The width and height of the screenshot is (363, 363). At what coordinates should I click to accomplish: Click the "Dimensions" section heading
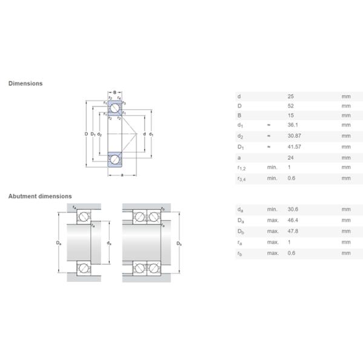(25, 83)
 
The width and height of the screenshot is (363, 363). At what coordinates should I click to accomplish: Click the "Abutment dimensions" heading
(40, 196)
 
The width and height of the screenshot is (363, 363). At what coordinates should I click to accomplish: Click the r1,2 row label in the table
(241, 168)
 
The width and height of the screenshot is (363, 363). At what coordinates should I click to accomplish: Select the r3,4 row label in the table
(241, 178)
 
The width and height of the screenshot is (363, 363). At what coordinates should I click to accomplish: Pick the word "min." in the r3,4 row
(272, 178)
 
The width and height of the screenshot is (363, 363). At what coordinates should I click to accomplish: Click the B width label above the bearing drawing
(114, 92)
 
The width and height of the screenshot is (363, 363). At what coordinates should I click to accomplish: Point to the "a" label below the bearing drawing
(122, 175)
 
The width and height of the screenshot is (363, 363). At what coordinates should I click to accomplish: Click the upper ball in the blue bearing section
(114, 106)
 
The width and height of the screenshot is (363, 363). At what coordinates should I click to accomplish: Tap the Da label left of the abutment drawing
(58, 243)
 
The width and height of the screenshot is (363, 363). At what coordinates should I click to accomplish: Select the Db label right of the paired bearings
(178, 243)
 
